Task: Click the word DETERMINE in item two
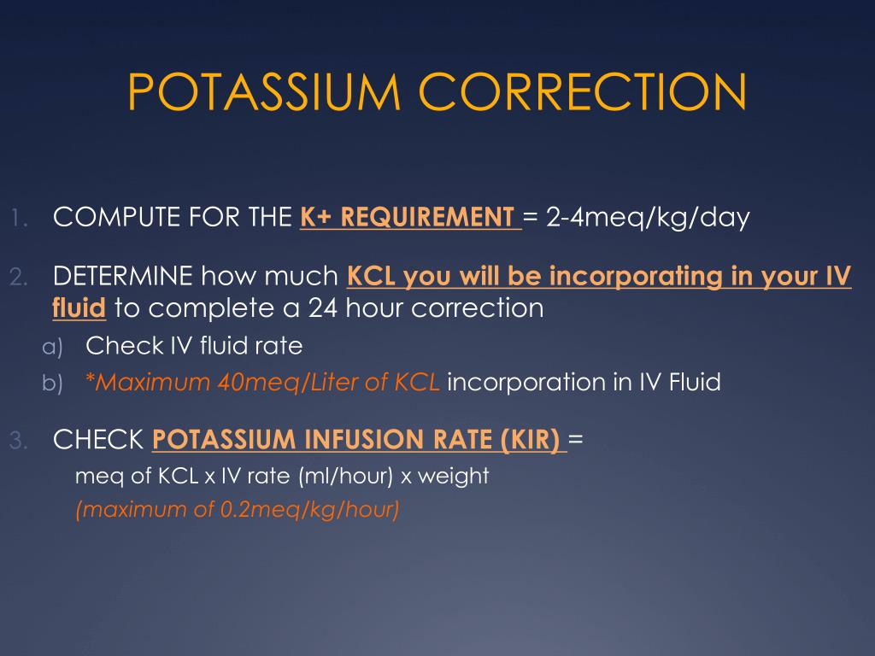[x=122, y=277]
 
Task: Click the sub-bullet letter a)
[x=53, y=347]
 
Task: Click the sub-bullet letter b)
[x=53, y=384]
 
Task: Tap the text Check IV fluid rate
[x=194, y=346]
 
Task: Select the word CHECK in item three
[x=97, y=441]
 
